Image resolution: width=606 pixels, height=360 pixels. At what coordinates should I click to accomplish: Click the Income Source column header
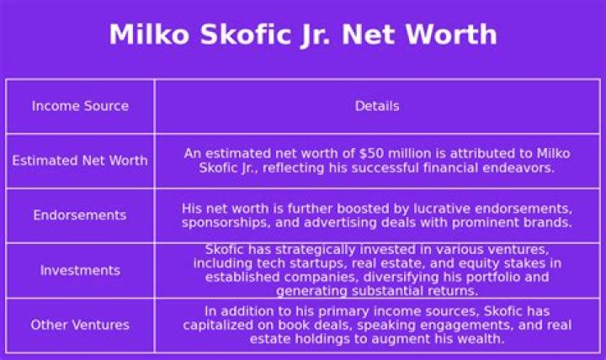80,106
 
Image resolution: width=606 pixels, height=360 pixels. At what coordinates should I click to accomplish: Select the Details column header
376,106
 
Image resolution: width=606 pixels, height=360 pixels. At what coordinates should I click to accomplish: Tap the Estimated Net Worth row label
80,161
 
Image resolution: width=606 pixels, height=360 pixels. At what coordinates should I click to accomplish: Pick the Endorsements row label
80,215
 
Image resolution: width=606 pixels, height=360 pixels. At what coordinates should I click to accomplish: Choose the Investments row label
80,270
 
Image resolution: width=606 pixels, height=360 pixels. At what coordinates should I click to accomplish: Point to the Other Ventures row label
80,325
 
